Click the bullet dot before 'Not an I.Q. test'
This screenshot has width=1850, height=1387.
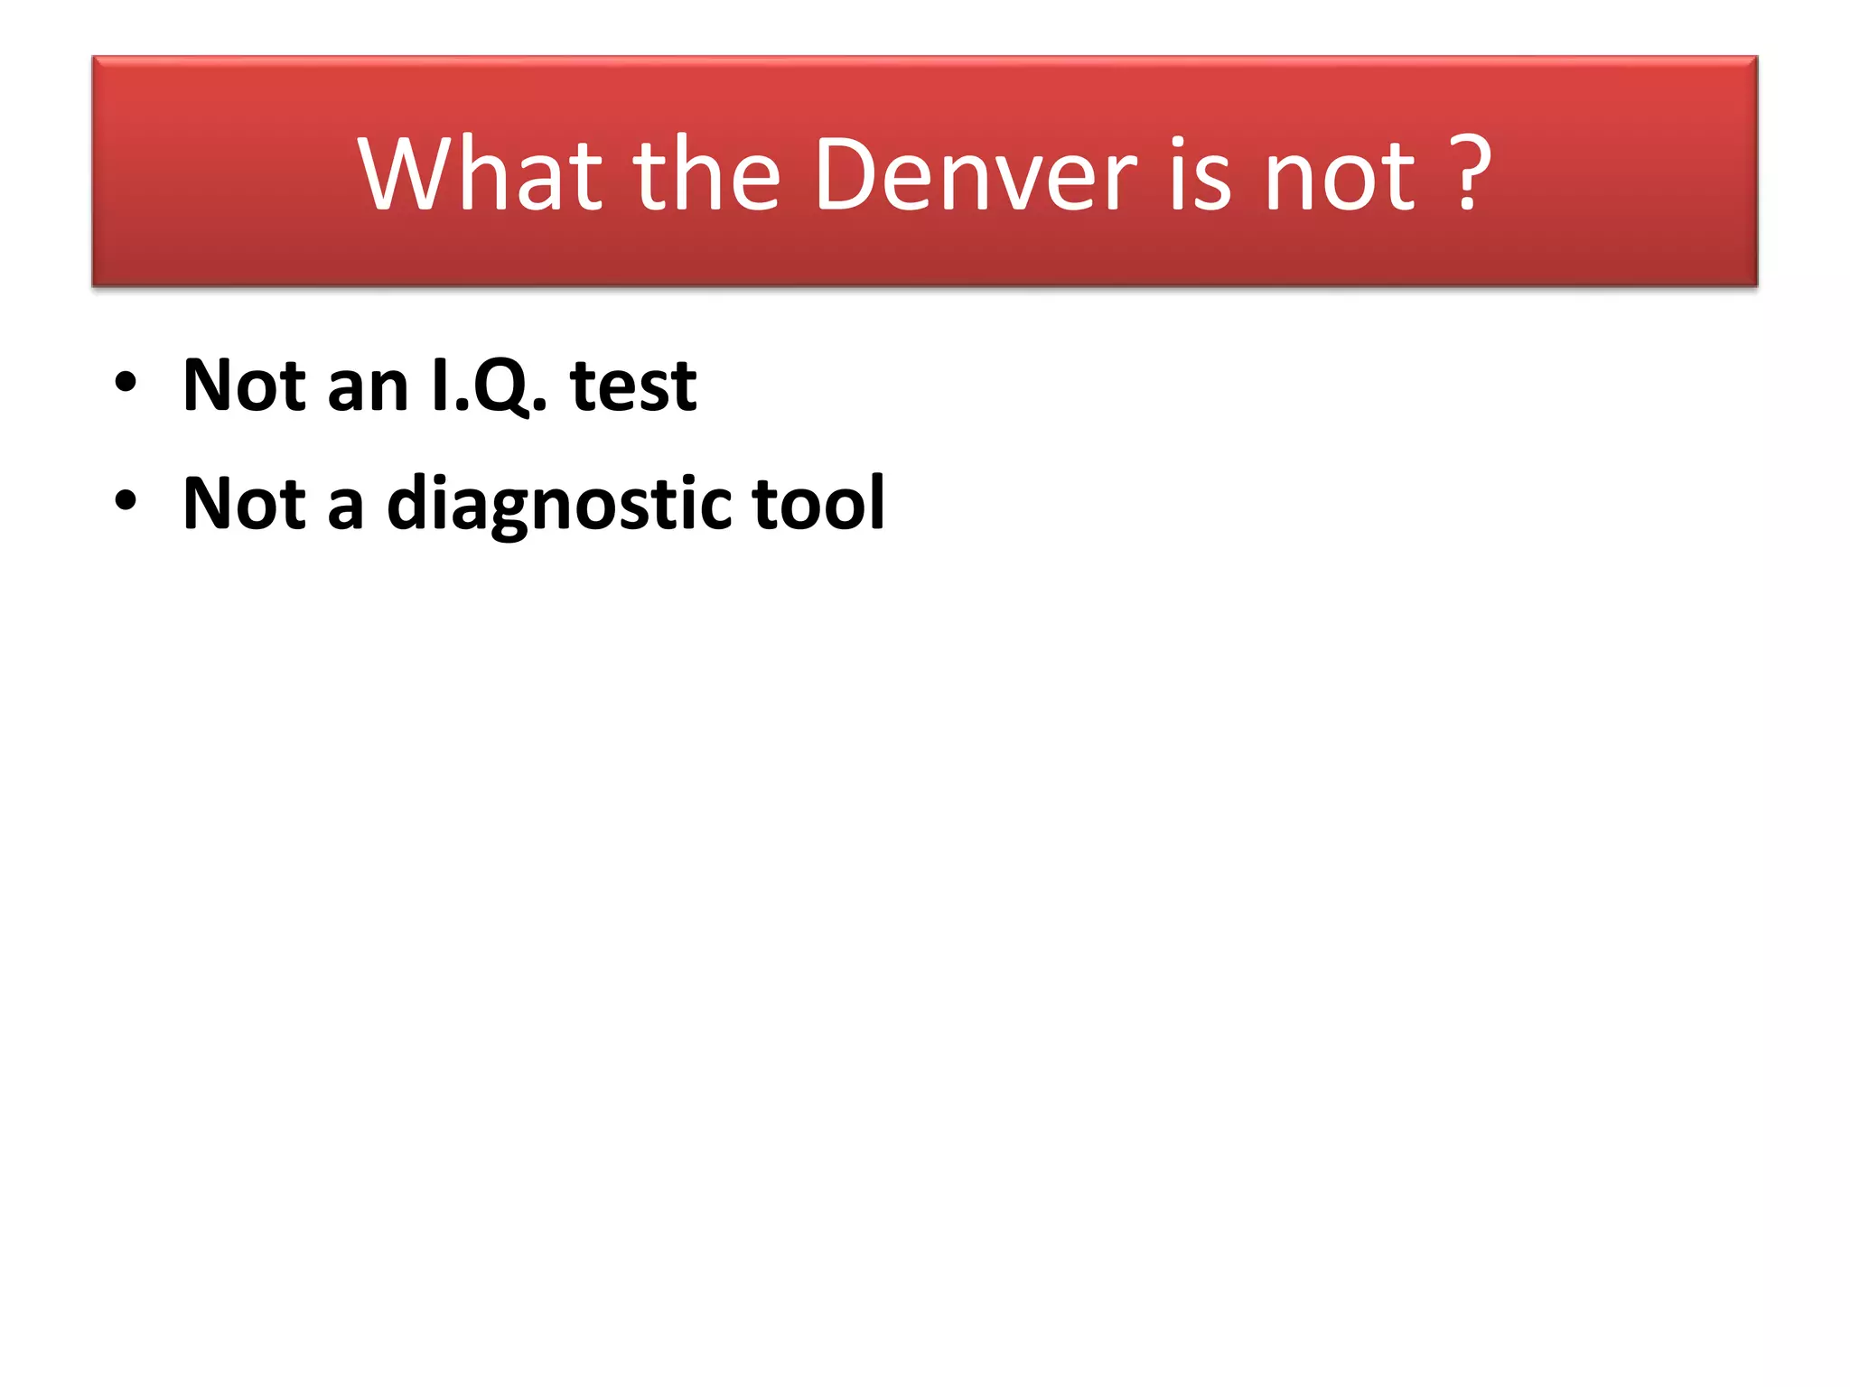pos(126,384)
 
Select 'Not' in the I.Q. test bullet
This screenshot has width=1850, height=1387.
pos(244,386)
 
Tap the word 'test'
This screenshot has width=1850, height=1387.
pos(633,386)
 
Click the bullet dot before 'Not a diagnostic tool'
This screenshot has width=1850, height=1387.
pos(126,501)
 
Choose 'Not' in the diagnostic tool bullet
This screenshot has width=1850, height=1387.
pos(244,503)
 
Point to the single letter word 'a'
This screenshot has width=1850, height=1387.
pos(345,507)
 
